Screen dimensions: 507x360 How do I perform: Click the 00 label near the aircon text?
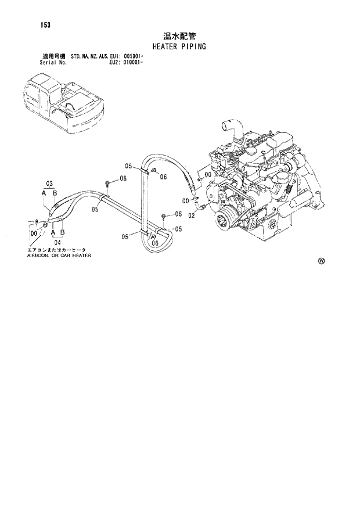click(x=34, y=233)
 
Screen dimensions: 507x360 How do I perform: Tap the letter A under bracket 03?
click(x=44, y=193)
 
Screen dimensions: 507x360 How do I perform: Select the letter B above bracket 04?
click(x=62, y=232)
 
